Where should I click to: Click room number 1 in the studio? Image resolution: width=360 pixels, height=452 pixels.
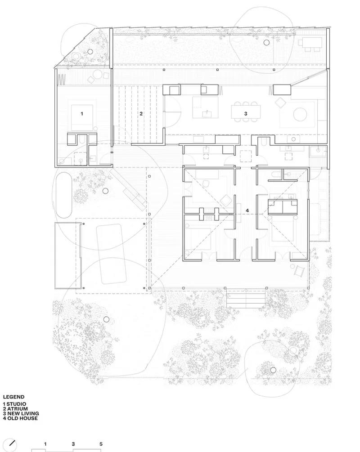82,114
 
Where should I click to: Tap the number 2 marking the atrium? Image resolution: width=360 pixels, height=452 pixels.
141,114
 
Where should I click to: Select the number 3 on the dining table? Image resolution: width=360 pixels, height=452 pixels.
246,114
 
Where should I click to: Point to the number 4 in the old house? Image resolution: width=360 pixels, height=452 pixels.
247,211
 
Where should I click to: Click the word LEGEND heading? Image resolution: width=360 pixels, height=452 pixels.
13,397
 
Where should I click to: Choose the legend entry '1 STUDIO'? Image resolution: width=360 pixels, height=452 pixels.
14,404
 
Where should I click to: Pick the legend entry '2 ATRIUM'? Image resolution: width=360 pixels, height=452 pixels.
16,409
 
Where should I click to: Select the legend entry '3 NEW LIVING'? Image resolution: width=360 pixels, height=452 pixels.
21,413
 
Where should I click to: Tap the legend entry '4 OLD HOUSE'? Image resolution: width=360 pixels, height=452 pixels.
20,418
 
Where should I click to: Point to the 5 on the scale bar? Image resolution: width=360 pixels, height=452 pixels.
101,444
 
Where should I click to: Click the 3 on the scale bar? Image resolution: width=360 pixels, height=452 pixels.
73,444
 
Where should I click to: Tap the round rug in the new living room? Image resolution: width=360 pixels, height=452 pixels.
300,114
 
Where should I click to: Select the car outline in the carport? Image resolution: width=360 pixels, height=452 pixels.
112,254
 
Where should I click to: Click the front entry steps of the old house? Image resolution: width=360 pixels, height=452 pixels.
246,298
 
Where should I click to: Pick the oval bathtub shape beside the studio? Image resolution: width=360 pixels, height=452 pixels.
64,195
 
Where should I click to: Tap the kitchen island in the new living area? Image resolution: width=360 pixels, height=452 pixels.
205,107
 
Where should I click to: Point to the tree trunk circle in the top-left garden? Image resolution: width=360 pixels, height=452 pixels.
90,52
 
